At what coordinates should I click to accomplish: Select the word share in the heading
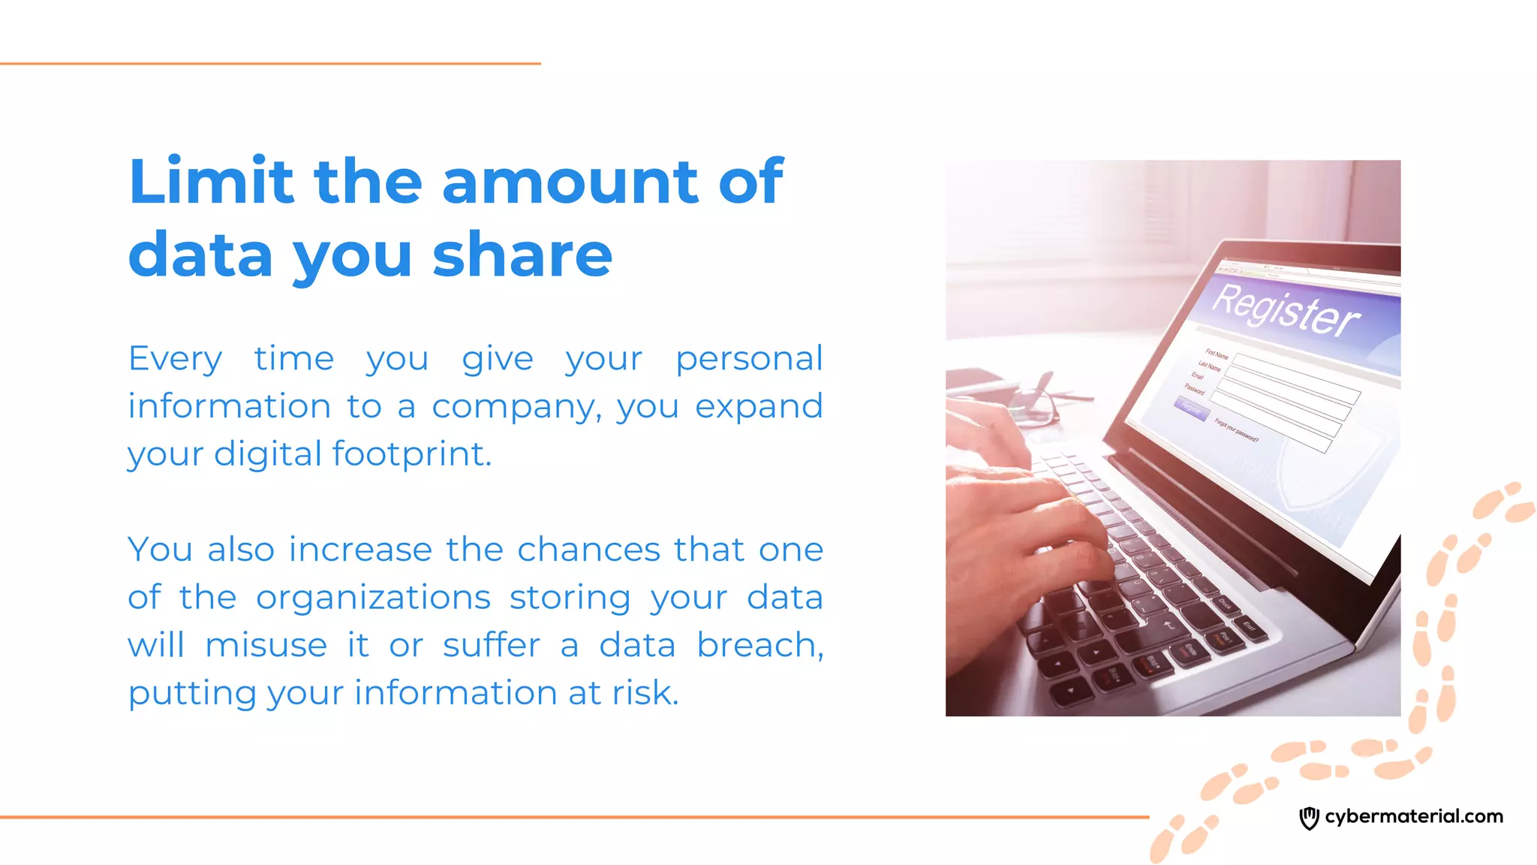tap(522, 255)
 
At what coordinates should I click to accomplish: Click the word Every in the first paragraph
tap(175, 359)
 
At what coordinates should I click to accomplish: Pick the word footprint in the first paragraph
tap(411, 454)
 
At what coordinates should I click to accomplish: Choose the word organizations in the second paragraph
tap(373, 598)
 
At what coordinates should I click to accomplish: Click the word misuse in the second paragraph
tap(266, 646)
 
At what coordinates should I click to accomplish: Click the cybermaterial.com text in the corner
tap(1414, 816)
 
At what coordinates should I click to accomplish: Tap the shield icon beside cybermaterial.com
tap(1309, 818)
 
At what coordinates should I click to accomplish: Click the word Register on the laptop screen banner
tap(1286, 309)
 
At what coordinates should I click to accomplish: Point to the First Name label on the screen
tap(1217, 354)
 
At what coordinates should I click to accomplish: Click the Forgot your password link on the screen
tap(1236, 430)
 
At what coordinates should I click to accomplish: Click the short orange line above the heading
tap(270, 64)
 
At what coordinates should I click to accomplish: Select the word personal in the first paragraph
tap(748, 359)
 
